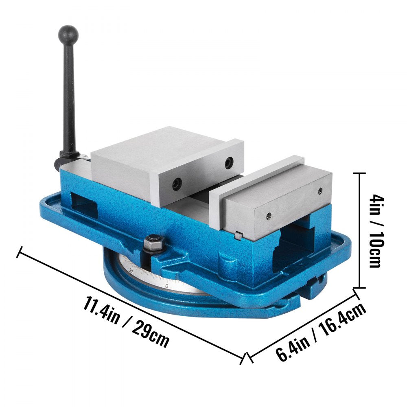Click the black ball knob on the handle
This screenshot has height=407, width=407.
pyautogui.click(x=68, y=33)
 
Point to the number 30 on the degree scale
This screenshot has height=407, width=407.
pyautogui.click(x=131, y=270)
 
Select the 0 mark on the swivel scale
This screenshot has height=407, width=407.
pyautogui.click(x=167, y=286)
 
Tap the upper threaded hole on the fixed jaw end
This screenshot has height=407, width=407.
pyautogui.click(x=319, y=190)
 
